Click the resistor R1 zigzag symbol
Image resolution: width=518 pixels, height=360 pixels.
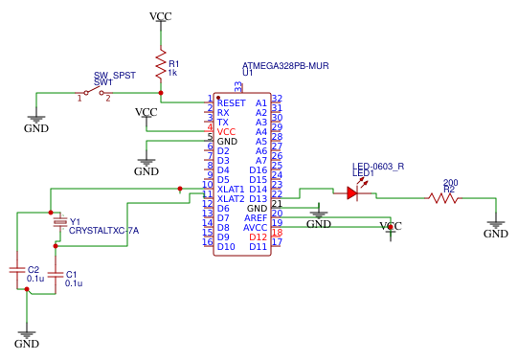pos(161,61)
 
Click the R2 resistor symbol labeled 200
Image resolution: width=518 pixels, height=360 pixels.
pos(445,198)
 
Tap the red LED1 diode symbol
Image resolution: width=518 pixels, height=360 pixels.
pos(352,192)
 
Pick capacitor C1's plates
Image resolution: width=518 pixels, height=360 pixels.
pos(56,277)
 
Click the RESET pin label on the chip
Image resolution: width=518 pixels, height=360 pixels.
pos(231,102)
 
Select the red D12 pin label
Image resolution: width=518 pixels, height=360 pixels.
pos(259,236)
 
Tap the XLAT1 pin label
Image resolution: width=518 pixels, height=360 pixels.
pos(231,189)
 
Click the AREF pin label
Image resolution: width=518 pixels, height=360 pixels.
pos(256,217)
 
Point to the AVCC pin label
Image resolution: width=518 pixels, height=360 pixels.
pos(256,227)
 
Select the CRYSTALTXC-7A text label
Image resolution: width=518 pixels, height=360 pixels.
pos(104,231)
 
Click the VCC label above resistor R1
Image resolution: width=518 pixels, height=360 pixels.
pos(161,17)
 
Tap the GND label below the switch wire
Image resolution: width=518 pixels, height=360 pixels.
pos(35,127)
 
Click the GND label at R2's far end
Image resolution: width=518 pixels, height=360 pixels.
pos(495,234)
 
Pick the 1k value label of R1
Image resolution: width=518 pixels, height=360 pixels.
pos(172,73)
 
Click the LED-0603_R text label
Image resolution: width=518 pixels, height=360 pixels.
pos(378,166)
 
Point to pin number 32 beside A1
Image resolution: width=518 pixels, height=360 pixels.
pos(277,99)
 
